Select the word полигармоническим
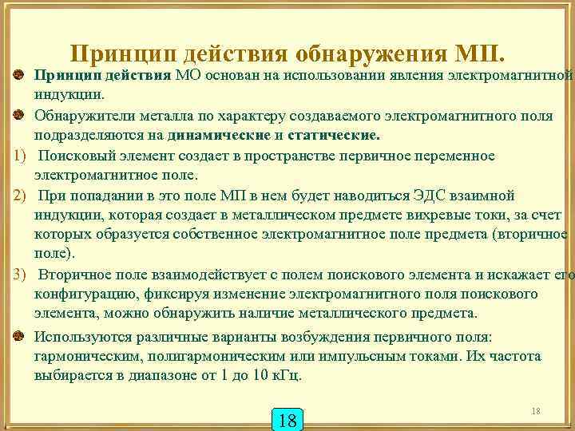pyautogui.click(x=206, y=356)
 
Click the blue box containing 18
pyautogui.click(x=289, y=420)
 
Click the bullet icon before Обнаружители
pyautogui.click(x=18, y=116)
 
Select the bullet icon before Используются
pyautogui.click(x=18, y=336)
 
